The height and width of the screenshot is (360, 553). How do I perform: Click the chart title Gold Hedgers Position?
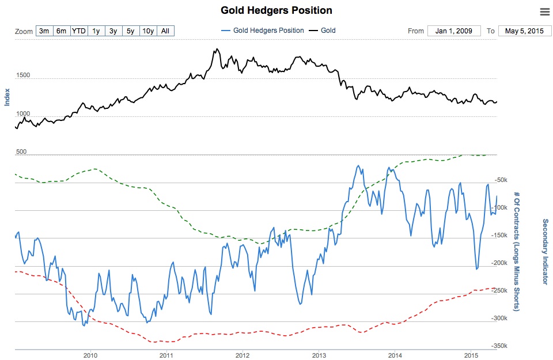point(276,10)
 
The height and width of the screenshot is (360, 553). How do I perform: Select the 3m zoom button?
point(44,31)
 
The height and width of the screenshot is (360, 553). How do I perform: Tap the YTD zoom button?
point(78,31)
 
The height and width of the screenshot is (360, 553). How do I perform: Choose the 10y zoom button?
point(148,31)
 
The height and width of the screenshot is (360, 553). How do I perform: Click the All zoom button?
point(165,31)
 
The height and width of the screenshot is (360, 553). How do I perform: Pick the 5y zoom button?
point(131,31)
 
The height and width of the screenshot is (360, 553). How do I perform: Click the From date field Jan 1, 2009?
point(453,31)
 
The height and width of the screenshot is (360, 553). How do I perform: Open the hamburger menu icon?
point(544,12)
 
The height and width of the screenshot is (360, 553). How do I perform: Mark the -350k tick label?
point(499,346)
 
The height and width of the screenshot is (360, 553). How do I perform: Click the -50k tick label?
point(501,180)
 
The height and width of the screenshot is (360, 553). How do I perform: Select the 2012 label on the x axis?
point(243,355)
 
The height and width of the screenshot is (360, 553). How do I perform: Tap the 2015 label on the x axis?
point(471,355)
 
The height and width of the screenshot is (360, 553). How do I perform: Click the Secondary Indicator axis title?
point(544,251)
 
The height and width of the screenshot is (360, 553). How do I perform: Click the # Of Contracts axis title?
point(517,251)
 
